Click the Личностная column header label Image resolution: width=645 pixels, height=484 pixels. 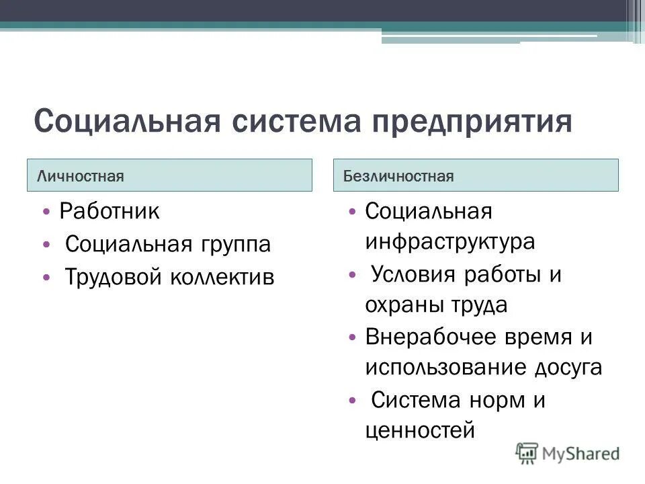(81, 176)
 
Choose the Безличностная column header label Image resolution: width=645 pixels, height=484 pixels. (398, 176)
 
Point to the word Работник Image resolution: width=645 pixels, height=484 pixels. (110, 212)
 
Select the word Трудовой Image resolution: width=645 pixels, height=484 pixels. (112, 277)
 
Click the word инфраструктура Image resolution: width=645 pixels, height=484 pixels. (450, 242)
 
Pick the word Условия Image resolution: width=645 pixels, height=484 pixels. (412, 275)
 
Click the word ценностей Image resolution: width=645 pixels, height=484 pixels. (420, 430)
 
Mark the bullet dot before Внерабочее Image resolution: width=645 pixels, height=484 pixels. (353, 337)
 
